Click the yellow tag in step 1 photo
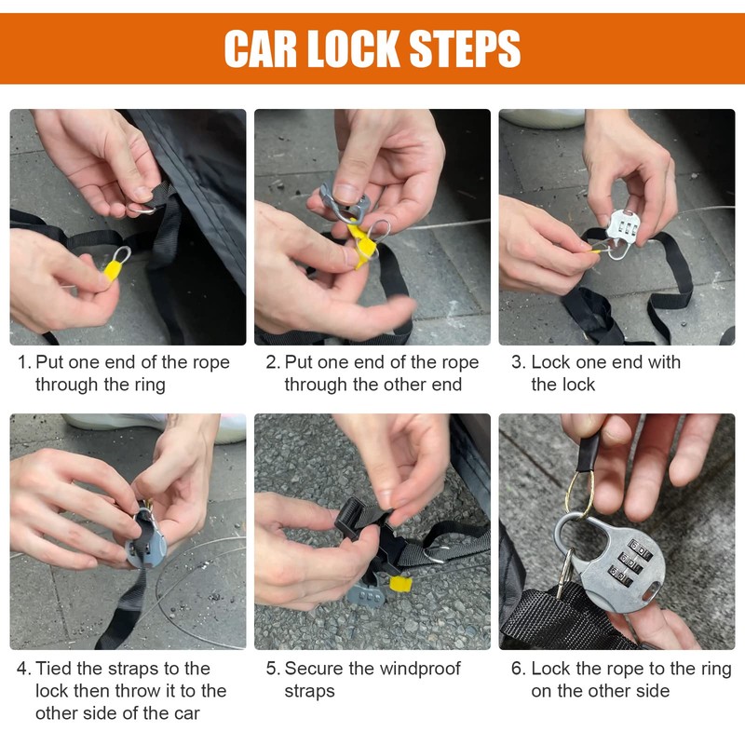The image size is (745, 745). [x=112, y=269]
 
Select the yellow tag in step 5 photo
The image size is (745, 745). [x=400, y=584]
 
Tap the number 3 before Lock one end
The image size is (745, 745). [x=517, y=362]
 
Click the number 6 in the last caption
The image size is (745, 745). [x=517, y=669]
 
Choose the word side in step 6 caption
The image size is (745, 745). [x=652, y=691]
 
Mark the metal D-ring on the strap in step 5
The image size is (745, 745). [x=436, y=554]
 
